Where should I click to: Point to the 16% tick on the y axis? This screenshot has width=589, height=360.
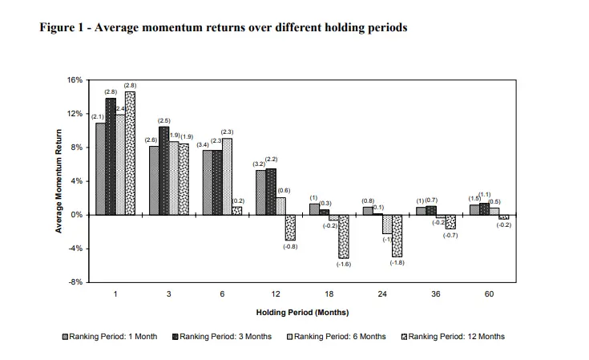coord(76,80)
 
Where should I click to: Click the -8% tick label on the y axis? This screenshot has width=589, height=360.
coord(76,282)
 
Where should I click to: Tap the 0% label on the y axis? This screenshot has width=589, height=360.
coord(78,215)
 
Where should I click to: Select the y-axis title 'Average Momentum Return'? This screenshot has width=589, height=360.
coord(58,181)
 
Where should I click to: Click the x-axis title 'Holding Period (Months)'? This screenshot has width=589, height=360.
coord(302,312)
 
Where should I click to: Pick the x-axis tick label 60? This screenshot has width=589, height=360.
coord(489,295)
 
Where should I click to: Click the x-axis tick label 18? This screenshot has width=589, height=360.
coord(329,295)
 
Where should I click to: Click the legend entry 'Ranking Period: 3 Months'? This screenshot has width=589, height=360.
coord(225,337)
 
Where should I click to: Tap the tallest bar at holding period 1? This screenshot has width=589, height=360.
coord(130,153)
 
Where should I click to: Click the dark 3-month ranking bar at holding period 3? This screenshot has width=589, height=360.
coord(163,171)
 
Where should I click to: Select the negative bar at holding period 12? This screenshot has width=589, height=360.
coord(290,228)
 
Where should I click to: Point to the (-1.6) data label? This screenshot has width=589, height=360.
coord(344,264)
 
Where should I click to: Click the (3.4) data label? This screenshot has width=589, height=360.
coord(203,144)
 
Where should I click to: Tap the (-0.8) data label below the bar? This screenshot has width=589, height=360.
coord(290,246)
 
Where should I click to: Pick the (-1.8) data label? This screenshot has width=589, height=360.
coord(397,262)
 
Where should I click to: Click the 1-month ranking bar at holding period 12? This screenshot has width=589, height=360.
coord(260,192)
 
